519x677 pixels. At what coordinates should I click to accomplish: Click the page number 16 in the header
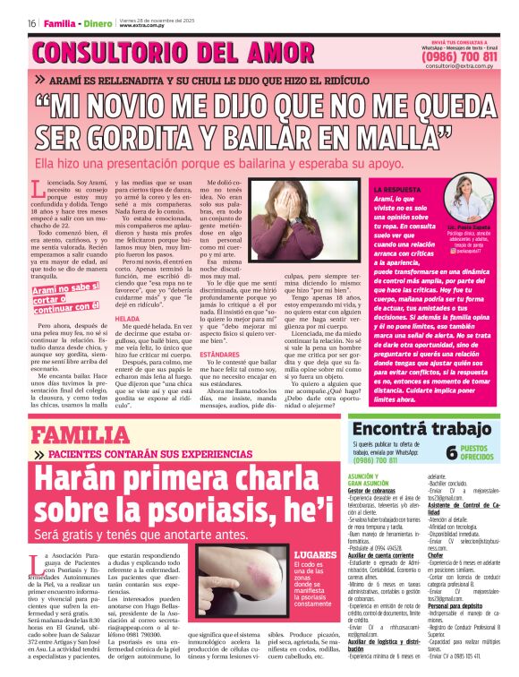(31, 23)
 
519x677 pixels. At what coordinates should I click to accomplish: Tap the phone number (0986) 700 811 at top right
(460, 56)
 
